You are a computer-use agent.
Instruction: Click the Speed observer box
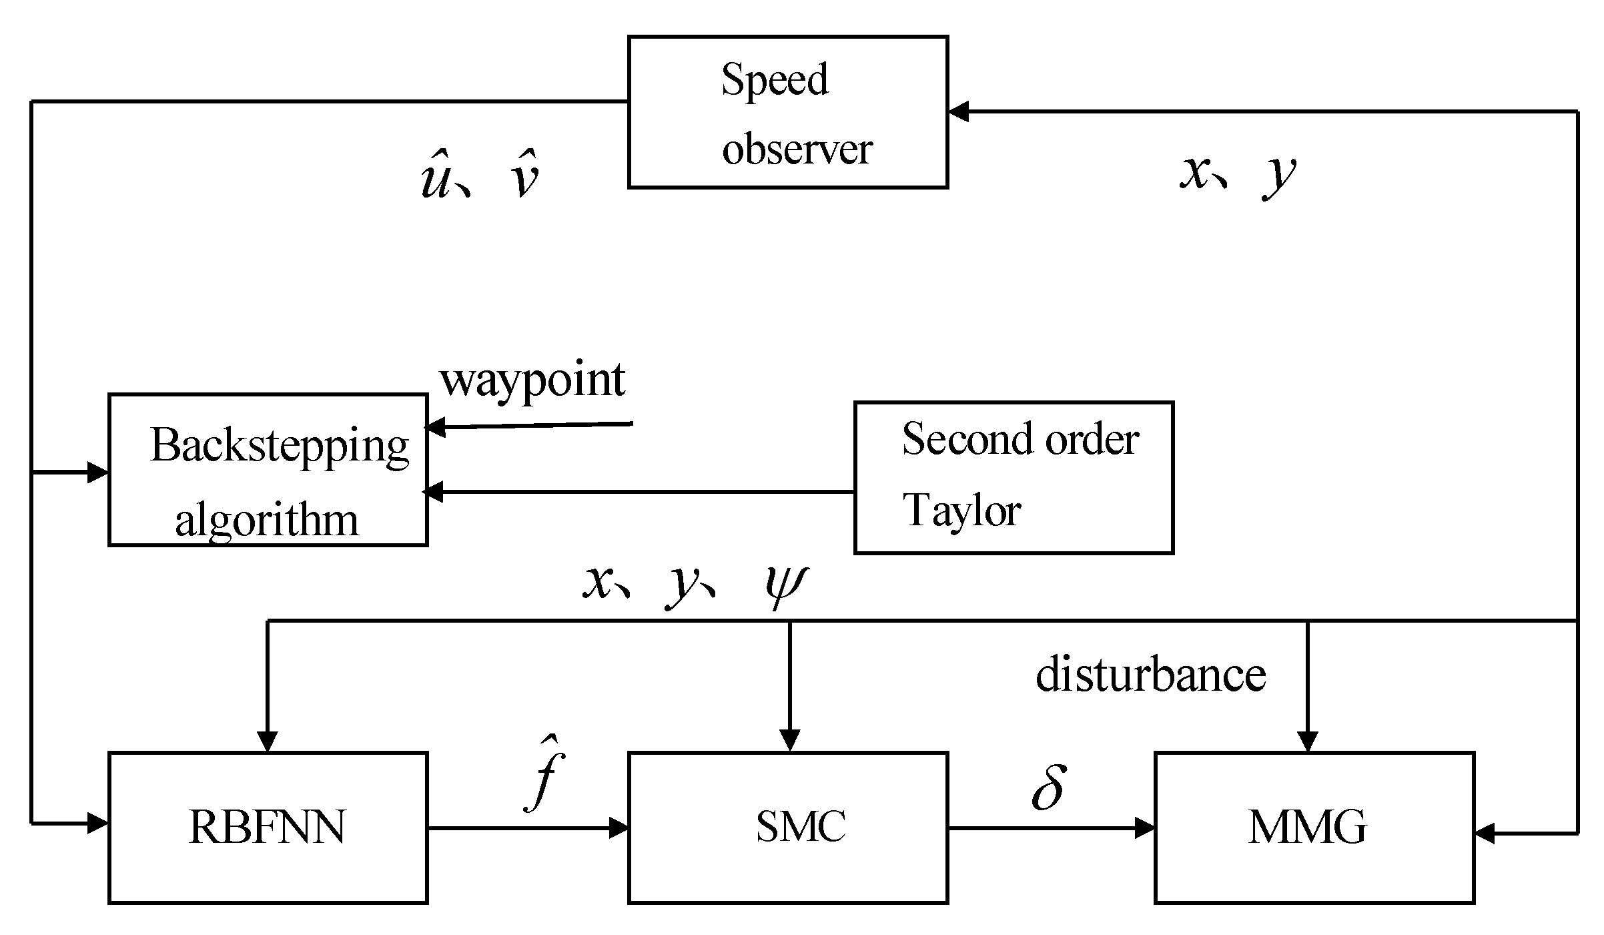click(787, 112)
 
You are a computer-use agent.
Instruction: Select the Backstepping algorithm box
click(268, 470)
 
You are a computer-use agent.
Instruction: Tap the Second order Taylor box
click(1014, 477)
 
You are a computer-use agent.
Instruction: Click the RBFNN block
click(268, 828)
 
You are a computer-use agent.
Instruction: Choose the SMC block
click(787, 828)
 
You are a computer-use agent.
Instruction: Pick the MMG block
click(1314, 828)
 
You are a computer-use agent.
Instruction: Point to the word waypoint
click(532, 380)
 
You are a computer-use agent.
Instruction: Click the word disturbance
click(1150, 675)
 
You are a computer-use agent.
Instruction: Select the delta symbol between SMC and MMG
click(1048, 788)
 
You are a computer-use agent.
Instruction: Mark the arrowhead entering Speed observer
click(958, 112)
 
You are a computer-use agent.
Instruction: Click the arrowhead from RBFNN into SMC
click(619, 829)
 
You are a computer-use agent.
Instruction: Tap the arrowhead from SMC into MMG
click(1145, 829)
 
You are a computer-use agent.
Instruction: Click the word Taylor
click(961, 511)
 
